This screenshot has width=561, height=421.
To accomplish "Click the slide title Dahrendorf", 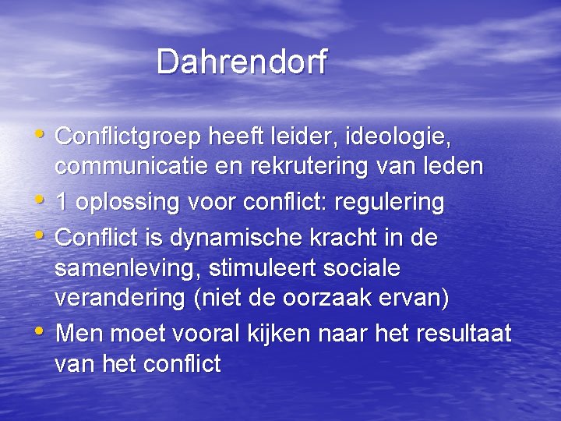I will (x=242, y=62).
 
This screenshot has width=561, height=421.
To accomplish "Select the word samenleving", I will (x=125, y=269).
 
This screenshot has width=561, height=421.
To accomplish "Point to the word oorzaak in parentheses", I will (x=353, y=299).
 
